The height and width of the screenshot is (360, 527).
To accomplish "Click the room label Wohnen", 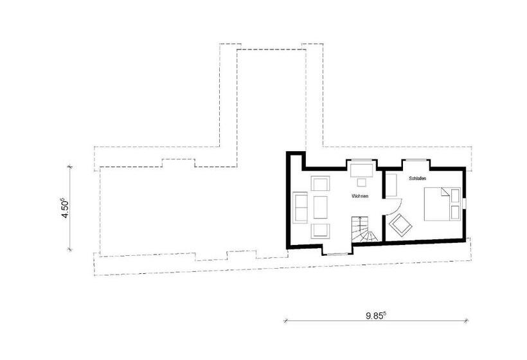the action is [360, 195].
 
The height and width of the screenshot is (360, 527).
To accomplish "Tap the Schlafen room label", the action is [418, 179].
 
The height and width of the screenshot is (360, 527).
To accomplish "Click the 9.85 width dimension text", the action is [376, 316].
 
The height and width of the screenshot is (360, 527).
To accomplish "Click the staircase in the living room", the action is [364, 230].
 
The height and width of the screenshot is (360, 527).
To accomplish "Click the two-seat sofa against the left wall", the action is [300, 207].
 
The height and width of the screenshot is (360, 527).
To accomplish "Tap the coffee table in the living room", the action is [320, 207].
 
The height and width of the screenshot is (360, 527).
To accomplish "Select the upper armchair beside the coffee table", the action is [320, 183].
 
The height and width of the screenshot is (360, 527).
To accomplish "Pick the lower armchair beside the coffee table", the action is [320, 231].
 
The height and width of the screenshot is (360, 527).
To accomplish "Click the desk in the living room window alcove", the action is [362, 170].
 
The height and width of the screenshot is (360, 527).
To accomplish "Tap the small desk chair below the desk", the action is [362, 182].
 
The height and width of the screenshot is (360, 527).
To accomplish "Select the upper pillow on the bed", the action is [455, 195].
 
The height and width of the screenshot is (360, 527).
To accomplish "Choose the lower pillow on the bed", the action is [455, 212].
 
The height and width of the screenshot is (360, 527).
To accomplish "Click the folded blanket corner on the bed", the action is [445, 192].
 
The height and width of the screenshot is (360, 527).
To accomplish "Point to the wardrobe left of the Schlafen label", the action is [391, 184].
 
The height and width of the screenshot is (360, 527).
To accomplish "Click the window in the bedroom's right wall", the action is [464, 204].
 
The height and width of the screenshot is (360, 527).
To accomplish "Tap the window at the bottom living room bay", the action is [338, 254].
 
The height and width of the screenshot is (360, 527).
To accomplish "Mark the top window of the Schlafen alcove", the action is [416, 159].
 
